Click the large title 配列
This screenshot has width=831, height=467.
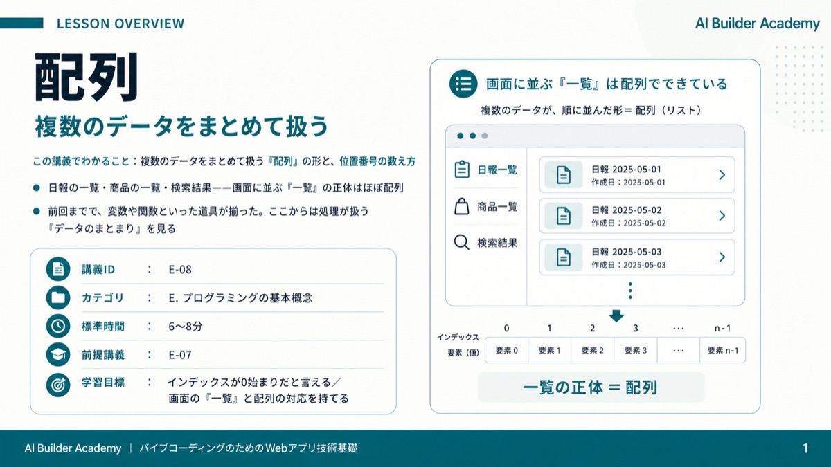click(x=86, y=77)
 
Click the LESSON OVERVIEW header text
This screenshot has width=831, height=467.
click(x=120, y=24)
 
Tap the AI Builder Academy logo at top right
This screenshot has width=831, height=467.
click(x=757, y=24)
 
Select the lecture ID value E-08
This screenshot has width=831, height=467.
click(x=180, y=269)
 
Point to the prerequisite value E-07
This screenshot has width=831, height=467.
click(x=180, y=355)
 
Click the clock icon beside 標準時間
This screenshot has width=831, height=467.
click(x=58, y=326)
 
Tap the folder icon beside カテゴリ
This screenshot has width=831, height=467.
click(x=58, y=297)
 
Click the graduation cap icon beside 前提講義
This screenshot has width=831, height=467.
click(x=58, y=355)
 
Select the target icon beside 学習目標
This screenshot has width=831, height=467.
click(x=58, y=385)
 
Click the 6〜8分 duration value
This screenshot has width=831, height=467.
click(x=186, y=327)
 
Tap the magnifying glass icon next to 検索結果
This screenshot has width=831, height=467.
click(x=461, y=243)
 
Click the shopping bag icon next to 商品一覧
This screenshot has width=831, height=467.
click(x=461, y=206)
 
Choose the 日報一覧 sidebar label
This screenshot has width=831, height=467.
click(x=497, y=170)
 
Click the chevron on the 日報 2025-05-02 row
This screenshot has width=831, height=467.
click(x=722, y=216)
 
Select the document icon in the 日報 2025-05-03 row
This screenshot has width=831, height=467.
click(x=564, y=257)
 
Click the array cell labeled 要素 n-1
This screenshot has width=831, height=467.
click(x=723, y=350)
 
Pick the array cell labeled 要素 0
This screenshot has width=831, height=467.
click(x=506, y=350)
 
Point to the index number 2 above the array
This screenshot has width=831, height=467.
click(x=593, y=329)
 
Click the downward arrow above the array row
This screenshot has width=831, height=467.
click(x=616, y=315)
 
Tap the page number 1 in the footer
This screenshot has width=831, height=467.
click(x=805, y=448)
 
